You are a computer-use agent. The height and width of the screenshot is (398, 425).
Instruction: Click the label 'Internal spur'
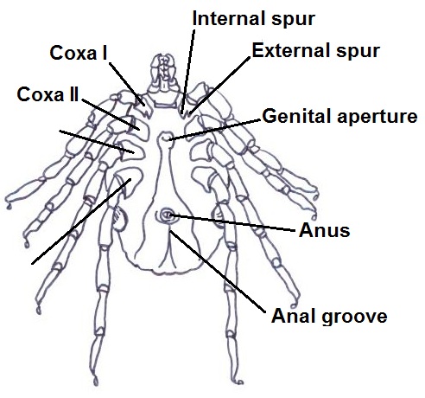253,19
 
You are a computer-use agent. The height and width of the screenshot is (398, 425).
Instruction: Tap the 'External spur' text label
316,51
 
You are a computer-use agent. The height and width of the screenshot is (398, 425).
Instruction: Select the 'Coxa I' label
79,53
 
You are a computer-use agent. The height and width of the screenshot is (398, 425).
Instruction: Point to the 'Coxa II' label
48,94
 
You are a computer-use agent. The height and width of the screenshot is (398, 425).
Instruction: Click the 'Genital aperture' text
339,117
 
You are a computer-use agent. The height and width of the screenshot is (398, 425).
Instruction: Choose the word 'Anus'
325,230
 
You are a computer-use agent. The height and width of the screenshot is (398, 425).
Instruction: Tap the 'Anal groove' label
329,316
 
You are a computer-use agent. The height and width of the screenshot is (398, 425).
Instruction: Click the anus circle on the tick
167,215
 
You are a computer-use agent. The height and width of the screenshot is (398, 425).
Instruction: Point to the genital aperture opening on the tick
166,138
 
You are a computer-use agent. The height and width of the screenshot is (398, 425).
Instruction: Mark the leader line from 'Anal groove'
218,272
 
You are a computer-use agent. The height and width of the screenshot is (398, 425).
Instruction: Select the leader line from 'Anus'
233,222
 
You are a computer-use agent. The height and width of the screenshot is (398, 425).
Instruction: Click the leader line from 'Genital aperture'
215,130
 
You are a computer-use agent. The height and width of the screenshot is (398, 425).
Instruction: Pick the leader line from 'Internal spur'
187,71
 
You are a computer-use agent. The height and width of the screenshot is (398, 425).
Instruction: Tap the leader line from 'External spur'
219,85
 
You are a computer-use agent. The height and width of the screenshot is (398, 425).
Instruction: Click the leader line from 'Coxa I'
127,84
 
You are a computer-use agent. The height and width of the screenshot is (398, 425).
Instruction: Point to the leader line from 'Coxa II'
111,114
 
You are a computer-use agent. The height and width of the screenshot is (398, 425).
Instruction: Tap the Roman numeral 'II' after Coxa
73,94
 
